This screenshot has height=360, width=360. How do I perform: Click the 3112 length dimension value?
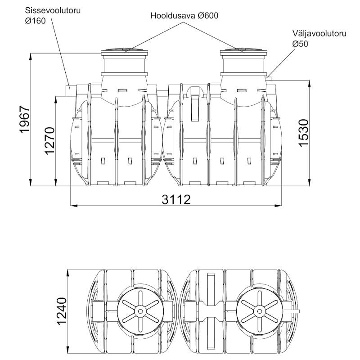tap(176, 198)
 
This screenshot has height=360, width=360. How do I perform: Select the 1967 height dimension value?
tap(25, 120)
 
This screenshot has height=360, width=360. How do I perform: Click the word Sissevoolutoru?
tap(53, 10)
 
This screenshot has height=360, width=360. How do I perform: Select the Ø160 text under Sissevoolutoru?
tap(36, 21)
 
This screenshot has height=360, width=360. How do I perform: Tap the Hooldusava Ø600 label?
tap(184, 15)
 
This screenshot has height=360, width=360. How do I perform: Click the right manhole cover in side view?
tap(243, 50)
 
